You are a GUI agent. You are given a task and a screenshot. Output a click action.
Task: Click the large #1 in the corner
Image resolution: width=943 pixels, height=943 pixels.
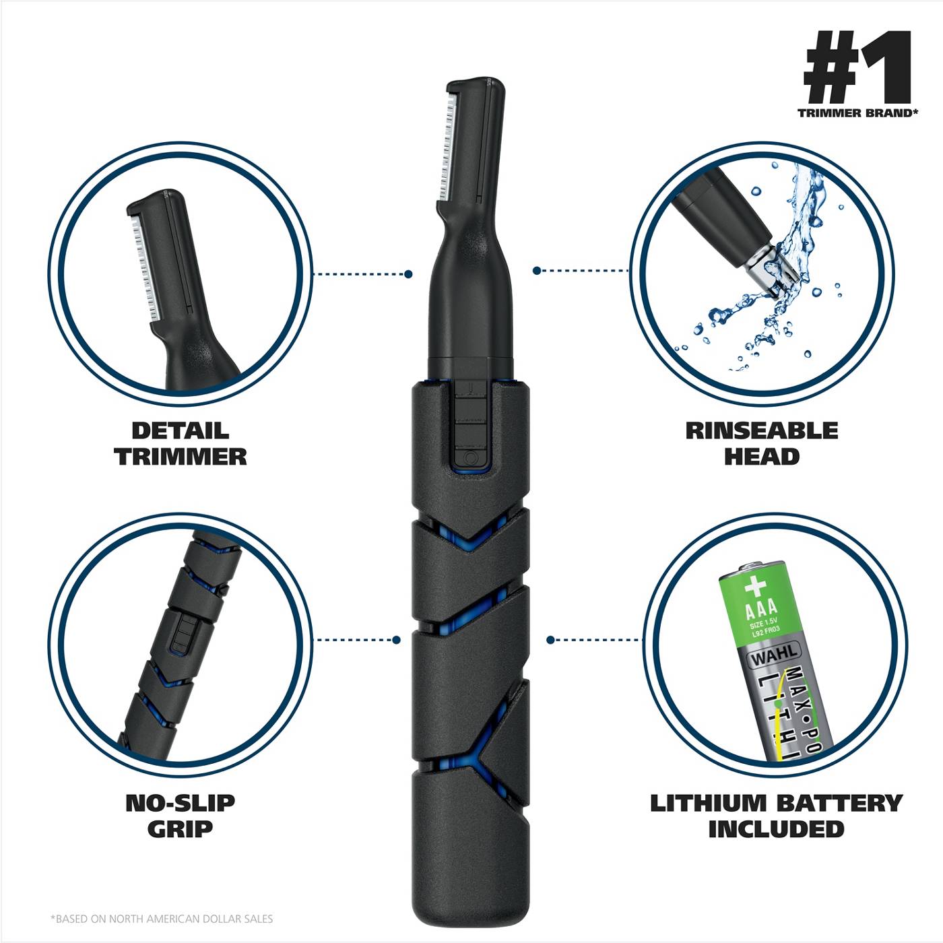856,67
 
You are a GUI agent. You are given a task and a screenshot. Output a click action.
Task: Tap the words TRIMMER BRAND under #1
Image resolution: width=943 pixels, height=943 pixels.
857,113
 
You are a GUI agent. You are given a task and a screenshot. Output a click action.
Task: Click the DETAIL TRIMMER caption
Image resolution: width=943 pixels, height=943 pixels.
181,444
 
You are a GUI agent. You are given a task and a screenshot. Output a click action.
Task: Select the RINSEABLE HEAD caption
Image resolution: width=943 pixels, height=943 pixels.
762,444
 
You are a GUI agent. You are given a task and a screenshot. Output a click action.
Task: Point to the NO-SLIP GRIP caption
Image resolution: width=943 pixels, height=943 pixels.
180,816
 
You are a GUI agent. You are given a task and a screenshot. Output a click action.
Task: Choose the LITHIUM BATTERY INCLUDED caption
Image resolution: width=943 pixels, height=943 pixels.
776,816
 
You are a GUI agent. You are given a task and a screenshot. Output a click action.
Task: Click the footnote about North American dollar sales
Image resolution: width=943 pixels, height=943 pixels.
162,918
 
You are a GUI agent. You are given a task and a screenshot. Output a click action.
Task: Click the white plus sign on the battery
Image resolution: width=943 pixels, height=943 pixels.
755,586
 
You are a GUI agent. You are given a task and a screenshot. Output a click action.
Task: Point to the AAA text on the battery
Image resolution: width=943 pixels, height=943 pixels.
761,610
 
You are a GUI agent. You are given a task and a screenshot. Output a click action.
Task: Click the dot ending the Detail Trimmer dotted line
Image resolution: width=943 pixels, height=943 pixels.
408,274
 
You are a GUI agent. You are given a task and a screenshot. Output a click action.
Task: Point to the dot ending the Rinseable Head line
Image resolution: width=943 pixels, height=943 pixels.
536,271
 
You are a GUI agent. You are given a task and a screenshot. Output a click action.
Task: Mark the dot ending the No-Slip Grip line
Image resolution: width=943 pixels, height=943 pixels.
397,639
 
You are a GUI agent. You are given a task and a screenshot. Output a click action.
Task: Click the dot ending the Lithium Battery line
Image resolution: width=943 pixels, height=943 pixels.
550,640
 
